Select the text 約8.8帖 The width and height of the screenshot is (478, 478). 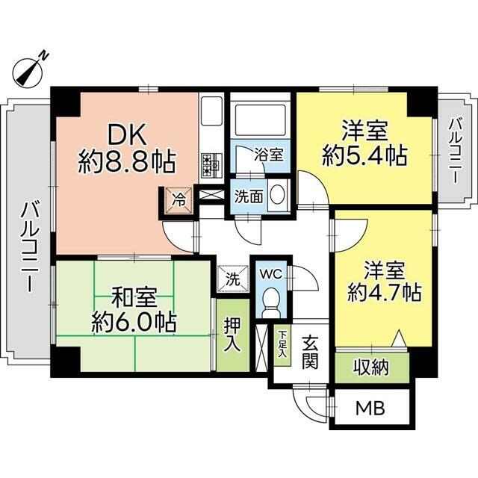(127, 162)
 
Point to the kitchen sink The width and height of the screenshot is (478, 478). (211, 111)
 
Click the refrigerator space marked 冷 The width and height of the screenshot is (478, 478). (179, 200)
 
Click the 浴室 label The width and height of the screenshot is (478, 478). (269, 155)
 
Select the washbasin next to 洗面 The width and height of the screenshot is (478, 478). (277, 194)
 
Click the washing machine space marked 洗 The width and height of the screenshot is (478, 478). (233, 279)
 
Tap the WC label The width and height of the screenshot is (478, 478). (270, 274)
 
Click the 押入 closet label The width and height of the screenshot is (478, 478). (232, 335)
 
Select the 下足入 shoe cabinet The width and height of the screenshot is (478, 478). (282, 344)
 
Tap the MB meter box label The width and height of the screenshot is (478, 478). (370, 409)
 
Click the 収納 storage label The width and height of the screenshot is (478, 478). (371, 367)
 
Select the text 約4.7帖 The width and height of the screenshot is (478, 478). (385, 293)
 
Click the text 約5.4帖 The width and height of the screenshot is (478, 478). (365, 156)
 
